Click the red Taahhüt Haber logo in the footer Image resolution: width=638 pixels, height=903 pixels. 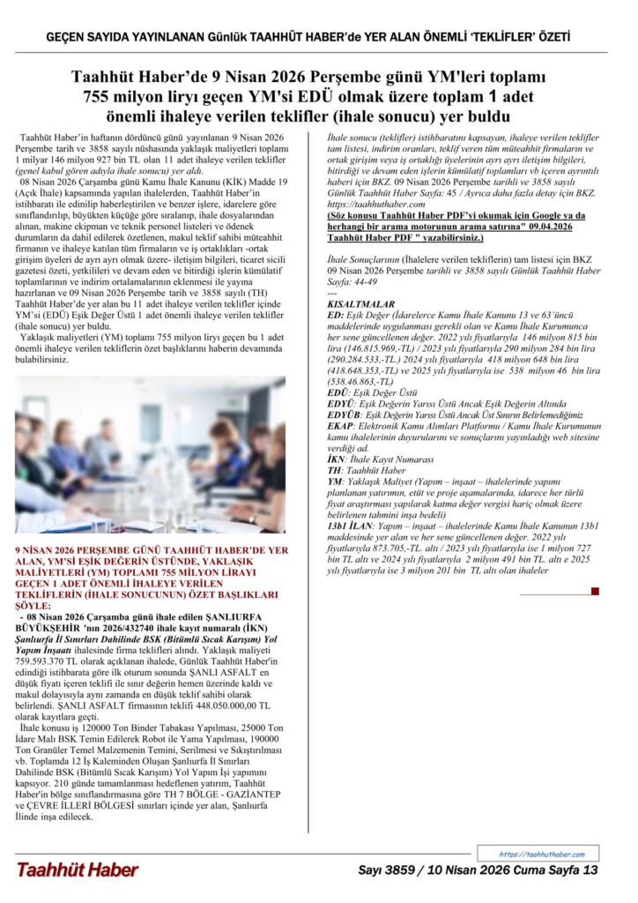[77, 869]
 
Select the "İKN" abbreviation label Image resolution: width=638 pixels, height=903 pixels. [336, 459]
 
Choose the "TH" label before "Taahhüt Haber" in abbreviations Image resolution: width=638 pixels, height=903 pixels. [334, 471]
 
